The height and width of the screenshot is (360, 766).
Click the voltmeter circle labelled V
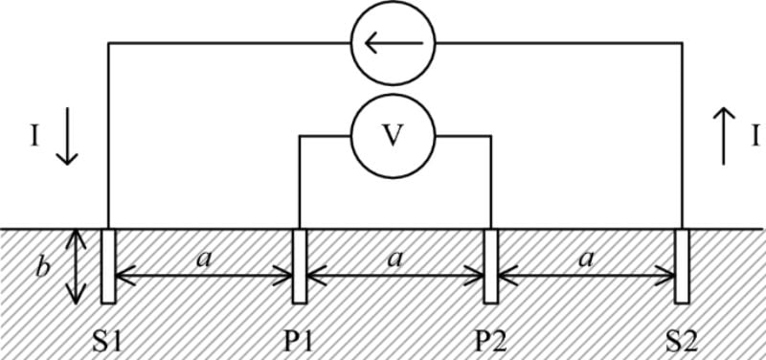(393, 137)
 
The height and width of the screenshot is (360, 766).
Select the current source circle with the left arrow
(393, 43)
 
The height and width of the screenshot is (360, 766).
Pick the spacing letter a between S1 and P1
(203, 257)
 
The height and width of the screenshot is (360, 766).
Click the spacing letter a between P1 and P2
(394, 257)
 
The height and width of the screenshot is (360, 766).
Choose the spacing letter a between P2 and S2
(586, 257)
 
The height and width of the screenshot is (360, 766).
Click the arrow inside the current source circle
(393, 43)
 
